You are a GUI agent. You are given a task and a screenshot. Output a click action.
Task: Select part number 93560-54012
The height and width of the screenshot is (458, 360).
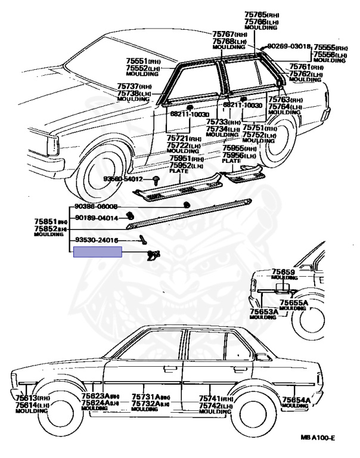124,179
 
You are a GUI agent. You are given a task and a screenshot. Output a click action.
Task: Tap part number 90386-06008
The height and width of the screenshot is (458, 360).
96,206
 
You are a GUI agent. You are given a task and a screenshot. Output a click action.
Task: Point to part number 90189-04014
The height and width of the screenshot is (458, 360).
96,218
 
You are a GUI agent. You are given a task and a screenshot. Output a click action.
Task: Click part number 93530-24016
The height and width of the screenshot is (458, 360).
96,240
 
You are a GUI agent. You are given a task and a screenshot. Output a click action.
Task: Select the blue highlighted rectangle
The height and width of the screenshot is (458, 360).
97,252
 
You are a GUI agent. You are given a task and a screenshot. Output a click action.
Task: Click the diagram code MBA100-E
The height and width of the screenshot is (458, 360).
318,438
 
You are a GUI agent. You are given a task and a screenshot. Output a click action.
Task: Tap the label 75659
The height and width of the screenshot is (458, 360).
284,272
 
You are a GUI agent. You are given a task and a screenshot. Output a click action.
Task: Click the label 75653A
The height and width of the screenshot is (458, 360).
263,311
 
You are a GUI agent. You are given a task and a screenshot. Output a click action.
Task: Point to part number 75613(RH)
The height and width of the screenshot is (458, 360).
28,398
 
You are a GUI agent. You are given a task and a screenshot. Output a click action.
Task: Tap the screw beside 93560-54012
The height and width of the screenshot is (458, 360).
155,179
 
